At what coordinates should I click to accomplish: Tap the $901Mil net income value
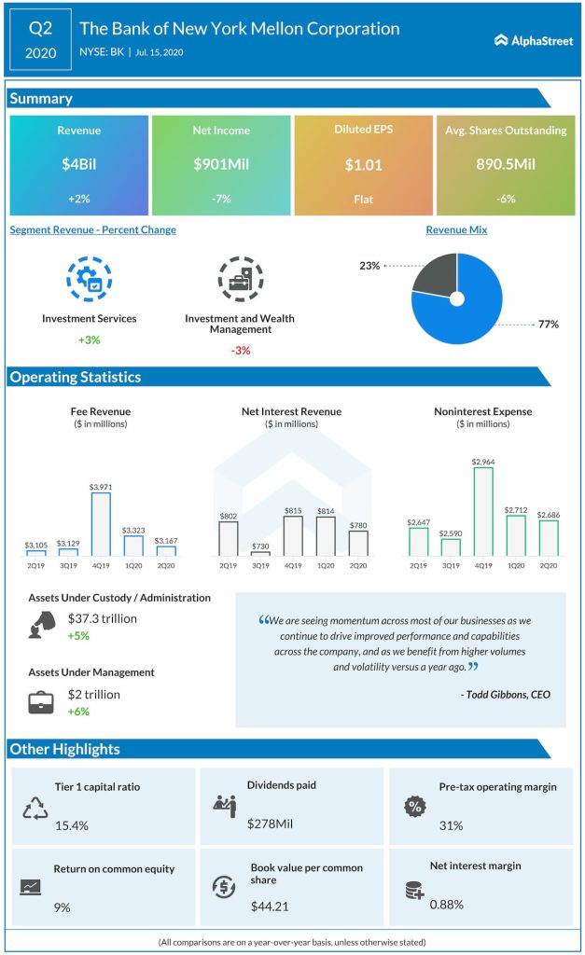coord(221,164)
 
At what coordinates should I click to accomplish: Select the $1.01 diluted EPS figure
coord(363,164)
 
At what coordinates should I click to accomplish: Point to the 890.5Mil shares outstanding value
coord(505,164)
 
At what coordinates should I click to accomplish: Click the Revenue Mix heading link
coord(456,229)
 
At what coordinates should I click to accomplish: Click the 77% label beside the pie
coord(548,325)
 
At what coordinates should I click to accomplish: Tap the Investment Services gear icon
coord(89,279)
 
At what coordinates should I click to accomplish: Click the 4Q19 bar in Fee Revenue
coord(100,524)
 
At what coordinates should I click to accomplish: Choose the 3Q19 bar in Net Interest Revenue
coord(259,553)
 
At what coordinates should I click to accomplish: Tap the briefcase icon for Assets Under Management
coord(40,702)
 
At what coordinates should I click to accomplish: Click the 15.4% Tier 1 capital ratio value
coord(71,825)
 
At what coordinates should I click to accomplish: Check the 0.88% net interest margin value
coord(447,904)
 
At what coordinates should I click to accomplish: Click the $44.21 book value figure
coord(271,906)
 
